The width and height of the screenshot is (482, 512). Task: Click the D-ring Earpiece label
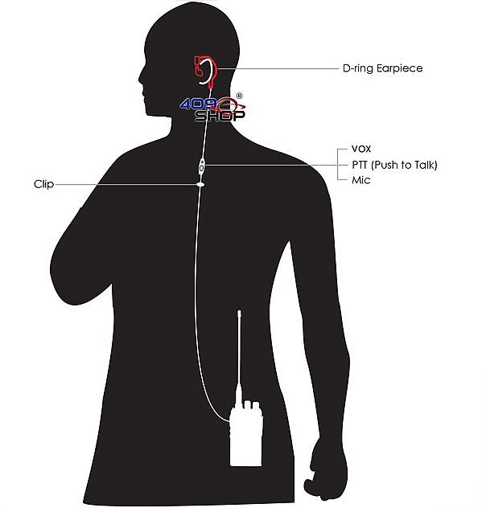click(382, 68)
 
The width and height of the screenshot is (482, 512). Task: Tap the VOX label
click(361, 149)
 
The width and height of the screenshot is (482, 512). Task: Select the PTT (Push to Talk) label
click(394, 165)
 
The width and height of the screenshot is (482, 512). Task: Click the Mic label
click(361, 180)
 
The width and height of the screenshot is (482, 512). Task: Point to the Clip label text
click(43, 184)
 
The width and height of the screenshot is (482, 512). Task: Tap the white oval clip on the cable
click(200, 185)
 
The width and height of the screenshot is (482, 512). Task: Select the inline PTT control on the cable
click(202, 166)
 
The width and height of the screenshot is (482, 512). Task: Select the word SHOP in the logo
click(220, 116)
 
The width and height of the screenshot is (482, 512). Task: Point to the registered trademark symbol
click(239, 96)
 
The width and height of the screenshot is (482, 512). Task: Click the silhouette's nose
click(141, 79)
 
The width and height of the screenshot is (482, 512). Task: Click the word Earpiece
click(400, 68)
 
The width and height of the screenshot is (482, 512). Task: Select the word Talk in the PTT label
click(423, 165)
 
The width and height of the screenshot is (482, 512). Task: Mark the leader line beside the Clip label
click(126, 185)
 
